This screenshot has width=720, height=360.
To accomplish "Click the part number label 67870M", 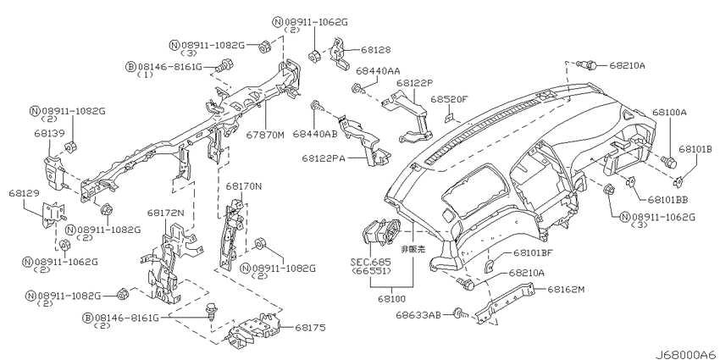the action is (266, 135).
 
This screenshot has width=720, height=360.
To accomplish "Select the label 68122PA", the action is (324, 158).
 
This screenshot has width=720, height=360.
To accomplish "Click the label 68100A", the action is (669, 112).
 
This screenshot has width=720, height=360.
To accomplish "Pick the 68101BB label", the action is (668, 199).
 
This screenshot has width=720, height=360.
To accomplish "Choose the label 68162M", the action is (566, 290).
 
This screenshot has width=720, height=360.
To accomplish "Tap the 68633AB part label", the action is (418, 315).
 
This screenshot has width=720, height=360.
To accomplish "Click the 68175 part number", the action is (310, 328).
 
